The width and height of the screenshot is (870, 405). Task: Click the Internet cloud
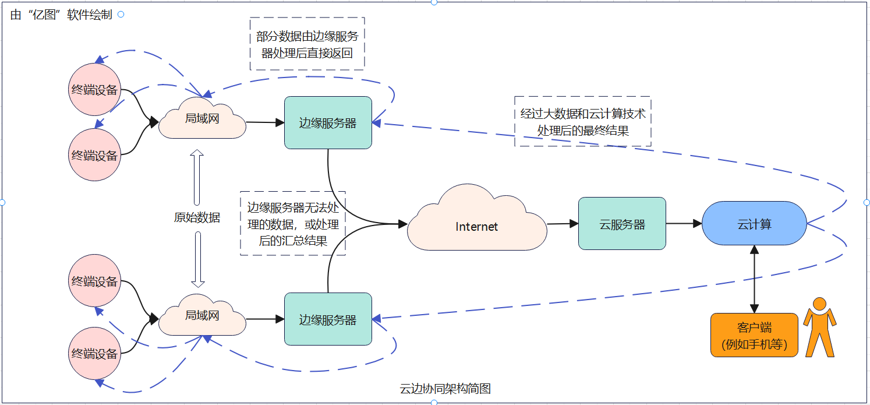point(477,226)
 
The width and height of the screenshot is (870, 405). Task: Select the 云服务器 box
point(622,224)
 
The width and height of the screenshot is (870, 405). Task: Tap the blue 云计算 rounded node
point(754,224)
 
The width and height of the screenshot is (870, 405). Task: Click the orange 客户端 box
point(754,335)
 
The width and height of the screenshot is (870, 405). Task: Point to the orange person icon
point(819,327)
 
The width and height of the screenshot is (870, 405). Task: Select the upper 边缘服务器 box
point(328,123)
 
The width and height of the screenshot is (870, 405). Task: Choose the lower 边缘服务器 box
point(328,319)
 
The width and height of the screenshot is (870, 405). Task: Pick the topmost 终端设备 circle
point(94,90)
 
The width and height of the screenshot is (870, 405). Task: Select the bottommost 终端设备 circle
point(94,353)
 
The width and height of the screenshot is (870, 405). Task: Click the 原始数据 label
point(197,218)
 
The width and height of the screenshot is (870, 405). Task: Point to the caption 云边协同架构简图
point(445,389)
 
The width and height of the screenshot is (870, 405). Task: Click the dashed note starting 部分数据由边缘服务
point(307,44)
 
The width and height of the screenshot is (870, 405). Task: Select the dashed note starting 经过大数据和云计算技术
point(583,122)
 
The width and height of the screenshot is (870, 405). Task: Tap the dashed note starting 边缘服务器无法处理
point(293,224)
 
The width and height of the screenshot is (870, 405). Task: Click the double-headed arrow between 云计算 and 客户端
point(754,279)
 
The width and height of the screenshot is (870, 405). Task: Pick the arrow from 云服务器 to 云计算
point(684,223)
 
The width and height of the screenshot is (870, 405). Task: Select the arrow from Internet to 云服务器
point(563,223)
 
